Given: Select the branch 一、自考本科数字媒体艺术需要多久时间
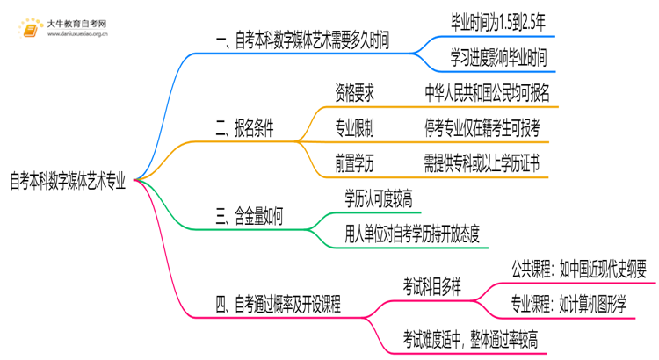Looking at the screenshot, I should tap(301, 40).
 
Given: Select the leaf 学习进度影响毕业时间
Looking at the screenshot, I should tap(496, 59).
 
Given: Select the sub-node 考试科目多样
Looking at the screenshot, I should tap(435, 286).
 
